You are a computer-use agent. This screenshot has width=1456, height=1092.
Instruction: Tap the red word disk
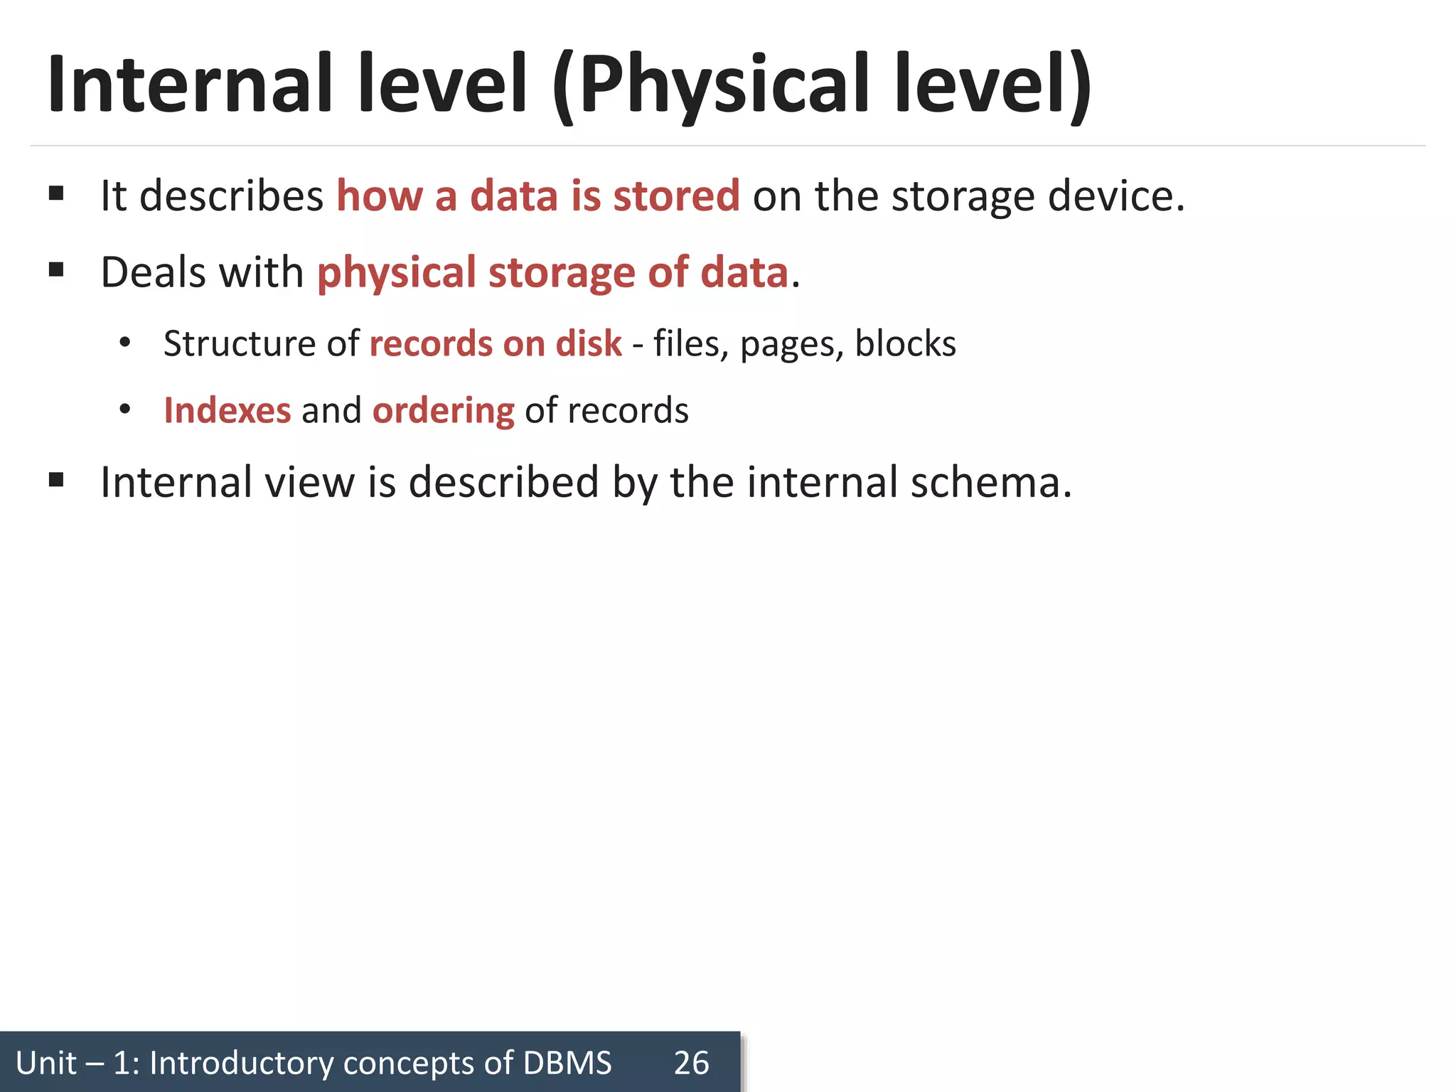pyautogui.click(x=589, y=343)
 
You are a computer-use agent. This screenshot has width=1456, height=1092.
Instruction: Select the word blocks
pyautogui.click(x=905, y=343)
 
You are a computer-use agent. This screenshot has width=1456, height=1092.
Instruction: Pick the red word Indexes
pyautogui.click(x=227, y=410)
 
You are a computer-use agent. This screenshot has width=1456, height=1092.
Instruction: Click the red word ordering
pyautogui.click(x=443, y=412)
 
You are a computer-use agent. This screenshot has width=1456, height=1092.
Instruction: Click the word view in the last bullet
pyautogui.click(x=309, y=482)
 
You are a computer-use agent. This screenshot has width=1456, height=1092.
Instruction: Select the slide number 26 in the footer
pyautogui.click(x=691, y=1063)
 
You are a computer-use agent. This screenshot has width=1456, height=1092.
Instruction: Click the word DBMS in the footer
pyautogui.click(x=567, y=1063)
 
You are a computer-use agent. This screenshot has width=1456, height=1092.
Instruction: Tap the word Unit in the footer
pyautogui.click(x=46, y=1063)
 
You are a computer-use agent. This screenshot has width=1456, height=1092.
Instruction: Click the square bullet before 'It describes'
pyautogui.click(x=57, y=193)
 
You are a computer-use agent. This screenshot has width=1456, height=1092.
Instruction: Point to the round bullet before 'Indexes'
pyautogui.click(x=125, y=409)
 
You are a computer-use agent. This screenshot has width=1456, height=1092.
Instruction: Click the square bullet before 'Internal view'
pyautogui.click(x=57, y=480)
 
